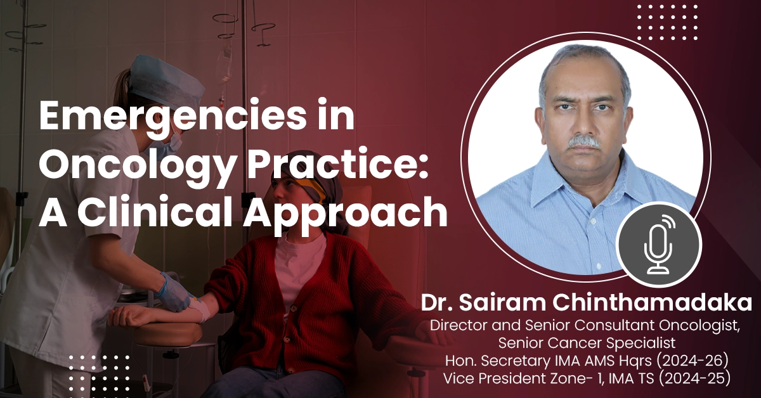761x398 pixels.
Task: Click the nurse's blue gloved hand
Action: [175, 293]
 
